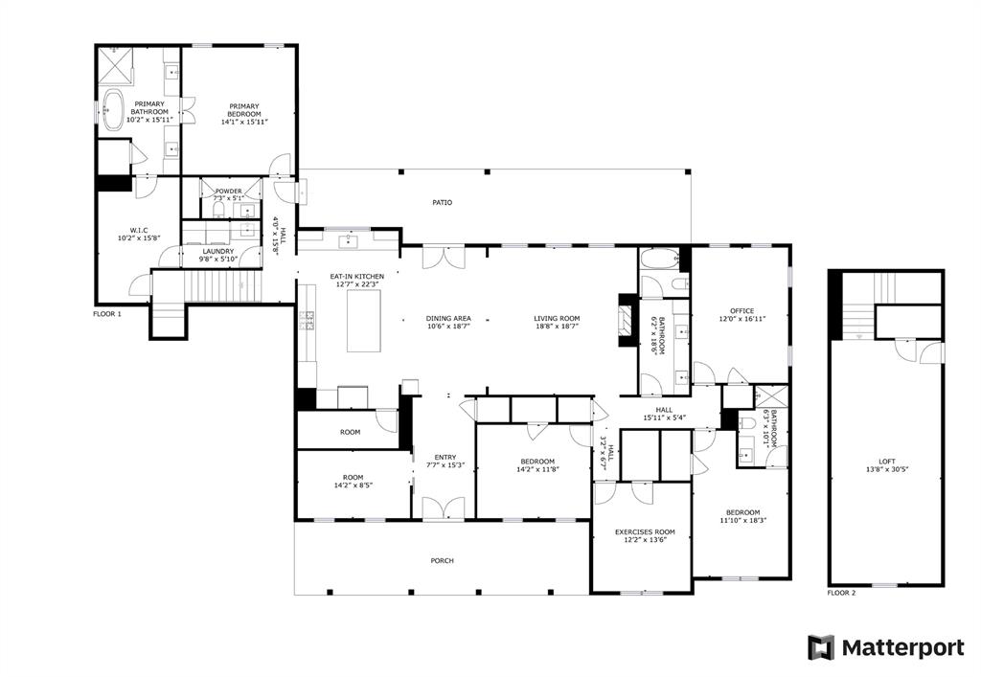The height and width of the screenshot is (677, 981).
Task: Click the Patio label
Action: tap(442, 203)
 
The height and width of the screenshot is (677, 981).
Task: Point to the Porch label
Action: tap(442, 561)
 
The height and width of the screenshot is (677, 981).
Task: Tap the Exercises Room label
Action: tap(645, 531)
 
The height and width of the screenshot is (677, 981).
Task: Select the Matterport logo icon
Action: tap(821, 647)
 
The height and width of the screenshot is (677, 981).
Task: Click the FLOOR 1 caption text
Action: tap(107, 314)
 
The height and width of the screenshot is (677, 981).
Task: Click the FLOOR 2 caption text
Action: tap(842, 594)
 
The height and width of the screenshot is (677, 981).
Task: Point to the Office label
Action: tap(742, 311)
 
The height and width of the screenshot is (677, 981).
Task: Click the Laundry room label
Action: tap(217, 252)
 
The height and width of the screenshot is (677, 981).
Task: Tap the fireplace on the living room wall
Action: tap(625, 325)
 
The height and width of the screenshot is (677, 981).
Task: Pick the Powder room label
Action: tap(228, 192)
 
